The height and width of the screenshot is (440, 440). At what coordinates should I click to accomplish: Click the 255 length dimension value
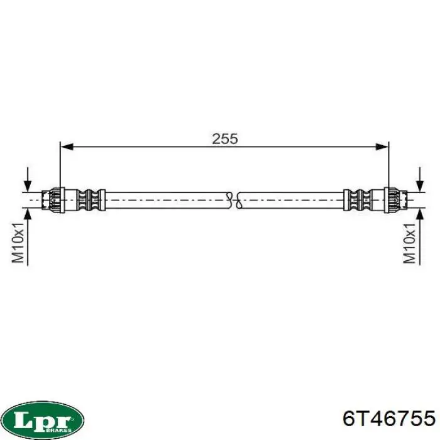225,139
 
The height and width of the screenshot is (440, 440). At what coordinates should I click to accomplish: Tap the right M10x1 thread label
409,243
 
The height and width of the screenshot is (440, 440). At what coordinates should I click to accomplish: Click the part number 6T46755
389,419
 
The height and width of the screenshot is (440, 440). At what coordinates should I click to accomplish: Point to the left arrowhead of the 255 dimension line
67,146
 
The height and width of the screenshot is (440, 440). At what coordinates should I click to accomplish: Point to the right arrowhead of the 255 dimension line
382,146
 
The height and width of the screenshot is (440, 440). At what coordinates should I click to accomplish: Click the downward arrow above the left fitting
28,180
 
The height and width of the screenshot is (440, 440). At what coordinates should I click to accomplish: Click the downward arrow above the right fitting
420,180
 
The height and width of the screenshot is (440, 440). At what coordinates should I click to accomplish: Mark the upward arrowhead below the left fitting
28,215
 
